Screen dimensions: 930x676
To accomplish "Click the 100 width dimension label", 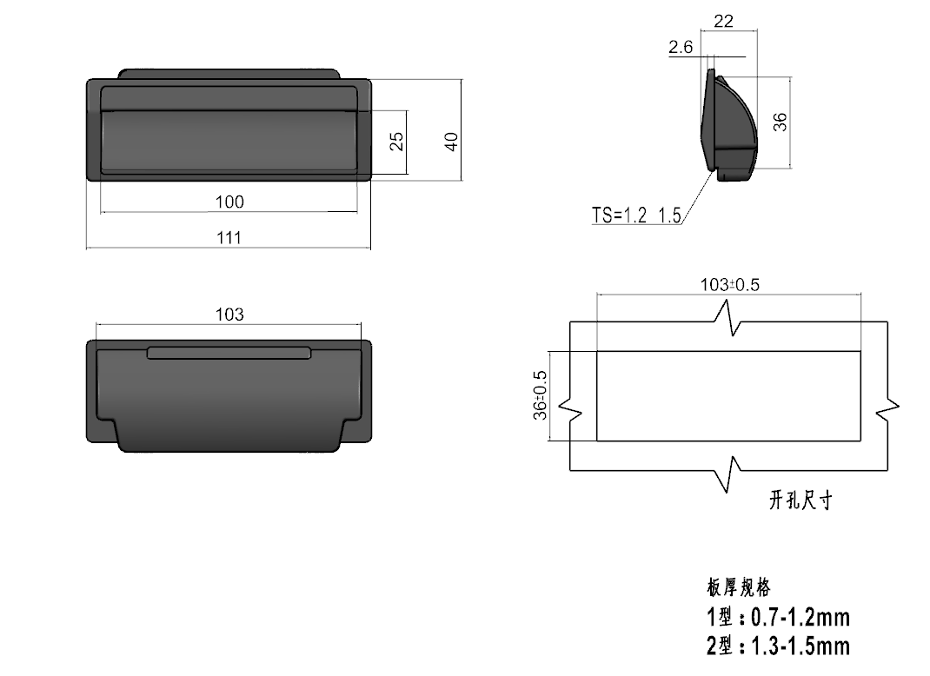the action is click(229, 202).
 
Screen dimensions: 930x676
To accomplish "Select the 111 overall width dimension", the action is click(229, 238).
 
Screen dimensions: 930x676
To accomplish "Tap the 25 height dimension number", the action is click(396, 142).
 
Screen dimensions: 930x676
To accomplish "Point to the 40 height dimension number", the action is click(451, 142).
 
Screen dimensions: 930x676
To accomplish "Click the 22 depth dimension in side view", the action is click(724, 22).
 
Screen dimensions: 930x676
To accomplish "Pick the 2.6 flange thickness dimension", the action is click(681, 47).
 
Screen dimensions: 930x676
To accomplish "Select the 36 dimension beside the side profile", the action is click(780, 123).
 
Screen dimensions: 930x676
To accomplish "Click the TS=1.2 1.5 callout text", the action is click(636, 215).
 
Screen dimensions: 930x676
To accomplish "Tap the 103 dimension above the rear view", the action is click(229, 315).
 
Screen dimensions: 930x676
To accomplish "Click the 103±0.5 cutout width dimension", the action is click(729, 285).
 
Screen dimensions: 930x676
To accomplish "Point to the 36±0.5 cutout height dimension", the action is click(541, 395).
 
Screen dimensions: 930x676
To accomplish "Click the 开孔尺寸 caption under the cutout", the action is click(800, 500).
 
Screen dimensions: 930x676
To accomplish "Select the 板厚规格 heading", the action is click(739, 587).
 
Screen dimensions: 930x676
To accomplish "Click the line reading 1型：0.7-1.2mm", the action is click(778, 617).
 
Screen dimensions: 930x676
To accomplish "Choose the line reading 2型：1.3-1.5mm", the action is click(778, 646).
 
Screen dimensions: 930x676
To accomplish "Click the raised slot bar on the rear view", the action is click(229, 353).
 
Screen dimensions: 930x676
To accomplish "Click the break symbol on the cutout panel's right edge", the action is click(888, 407).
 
